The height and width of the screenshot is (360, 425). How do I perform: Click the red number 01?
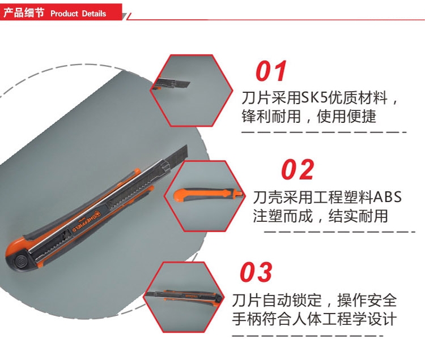tap(271, 71)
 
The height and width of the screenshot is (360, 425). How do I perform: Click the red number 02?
tap(297, 170)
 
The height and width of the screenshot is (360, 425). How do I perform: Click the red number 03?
tap(256, 272)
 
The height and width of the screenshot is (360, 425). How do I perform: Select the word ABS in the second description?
tap(387, 197)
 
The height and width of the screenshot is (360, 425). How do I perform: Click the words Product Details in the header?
tap(78, 14)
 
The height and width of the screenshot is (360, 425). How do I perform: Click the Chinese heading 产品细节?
tap(24, 13)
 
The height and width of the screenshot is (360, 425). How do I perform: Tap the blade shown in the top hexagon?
tap(173, 83)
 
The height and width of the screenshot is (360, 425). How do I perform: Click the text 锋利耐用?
tap(271, 117)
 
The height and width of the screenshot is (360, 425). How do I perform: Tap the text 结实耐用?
tap(358, 216)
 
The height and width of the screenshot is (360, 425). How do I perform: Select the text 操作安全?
tap(367, 300)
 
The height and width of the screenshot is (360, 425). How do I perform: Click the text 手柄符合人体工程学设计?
tap(314, 319)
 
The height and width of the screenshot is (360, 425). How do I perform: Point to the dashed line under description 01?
tap(324, 132)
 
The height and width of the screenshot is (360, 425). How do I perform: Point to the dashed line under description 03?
tap(308, 336)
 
